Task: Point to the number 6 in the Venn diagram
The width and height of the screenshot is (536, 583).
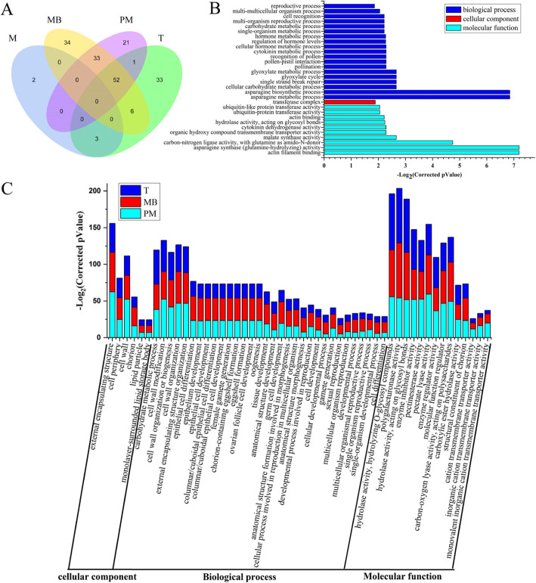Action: coord(133,110)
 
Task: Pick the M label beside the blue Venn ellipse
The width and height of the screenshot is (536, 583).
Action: coord(13,37)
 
